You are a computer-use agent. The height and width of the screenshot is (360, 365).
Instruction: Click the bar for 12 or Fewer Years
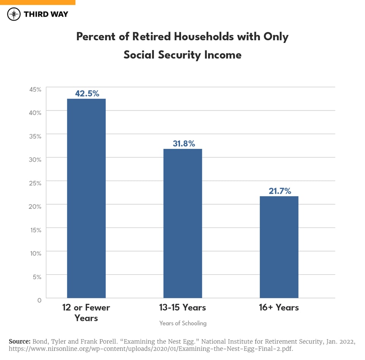(86, 198)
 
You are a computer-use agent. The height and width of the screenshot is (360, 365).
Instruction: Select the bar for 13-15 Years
(182, 223)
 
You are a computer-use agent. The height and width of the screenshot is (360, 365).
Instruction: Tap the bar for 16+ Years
(279, 247)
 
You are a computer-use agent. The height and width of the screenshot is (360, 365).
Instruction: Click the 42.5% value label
(87, 93)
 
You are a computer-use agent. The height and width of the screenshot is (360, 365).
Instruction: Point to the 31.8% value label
(183, 144)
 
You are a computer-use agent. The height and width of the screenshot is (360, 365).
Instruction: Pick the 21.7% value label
(280, 191)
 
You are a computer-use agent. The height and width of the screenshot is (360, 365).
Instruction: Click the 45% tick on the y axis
(35, 90)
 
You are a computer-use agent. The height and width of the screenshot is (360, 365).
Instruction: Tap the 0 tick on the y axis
(39, 300)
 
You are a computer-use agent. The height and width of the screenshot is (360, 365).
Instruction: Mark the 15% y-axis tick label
(35, 230)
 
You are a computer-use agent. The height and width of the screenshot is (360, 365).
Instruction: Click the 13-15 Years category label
(183, 307)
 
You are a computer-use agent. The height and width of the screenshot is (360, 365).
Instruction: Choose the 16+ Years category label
(279, 307)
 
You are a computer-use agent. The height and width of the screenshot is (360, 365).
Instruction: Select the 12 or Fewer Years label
(86, 313)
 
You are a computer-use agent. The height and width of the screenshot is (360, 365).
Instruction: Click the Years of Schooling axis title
(183, 323)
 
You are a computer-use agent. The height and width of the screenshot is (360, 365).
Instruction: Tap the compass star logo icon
(14, 14)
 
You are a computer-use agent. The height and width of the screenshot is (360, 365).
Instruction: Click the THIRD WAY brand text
(46, 14)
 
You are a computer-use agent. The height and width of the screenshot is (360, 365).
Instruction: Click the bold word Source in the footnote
(19, 341)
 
